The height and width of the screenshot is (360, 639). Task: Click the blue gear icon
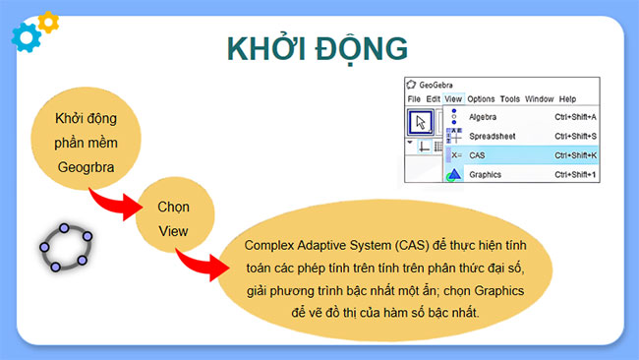pyautogui.click(x=25, y=35)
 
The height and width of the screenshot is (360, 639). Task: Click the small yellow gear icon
pyautogui.click(x=47, y=20)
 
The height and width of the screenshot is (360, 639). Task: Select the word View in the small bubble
pyautogui.click(x=173, y=233)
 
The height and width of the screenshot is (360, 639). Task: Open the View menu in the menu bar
pyautogui.click(x=453, y=99)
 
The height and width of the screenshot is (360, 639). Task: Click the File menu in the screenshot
pyautogui.click(x=414, y=99)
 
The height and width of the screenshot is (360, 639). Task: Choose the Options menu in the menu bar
pyautogui.click(x=481, y=99)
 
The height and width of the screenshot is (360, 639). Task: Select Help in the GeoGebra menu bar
pyautogui.click(x=567, y=99)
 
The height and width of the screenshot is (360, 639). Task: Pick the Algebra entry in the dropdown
pyautogui.click(x=485, y=117)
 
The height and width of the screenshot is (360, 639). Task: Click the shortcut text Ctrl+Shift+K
pyautogui.click(x=575, y=155)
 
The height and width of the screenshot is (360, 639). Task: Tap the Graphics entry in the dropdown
pyautogui.click(x=486, y=174)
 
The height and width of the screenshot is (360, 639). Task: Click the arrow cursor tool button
pyautogui.click(x=421, y=122)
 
